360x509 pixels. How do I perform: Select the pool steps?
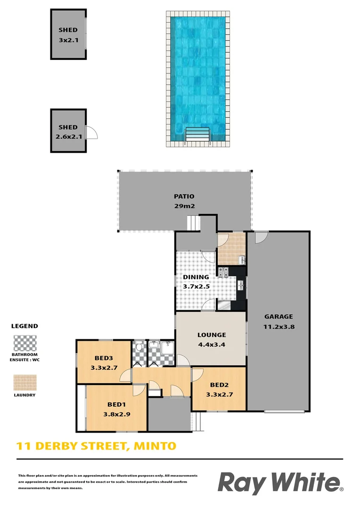[197, 134]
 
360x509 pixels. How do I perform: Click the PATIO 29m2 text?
[184, 201]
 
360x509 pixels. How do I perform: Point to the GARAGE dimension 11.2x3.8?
[278, 326]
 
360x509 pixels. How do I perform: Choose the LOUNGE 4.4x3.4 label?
[211, 339]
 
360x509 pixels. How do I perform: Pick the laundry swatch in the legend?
[25, 383]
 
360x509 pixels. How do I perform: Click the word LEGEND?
[25, 326]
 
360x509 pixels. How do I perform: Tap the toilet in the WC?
[139, 348]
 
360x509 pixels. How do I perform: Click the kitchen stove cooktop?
[223, 272]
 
